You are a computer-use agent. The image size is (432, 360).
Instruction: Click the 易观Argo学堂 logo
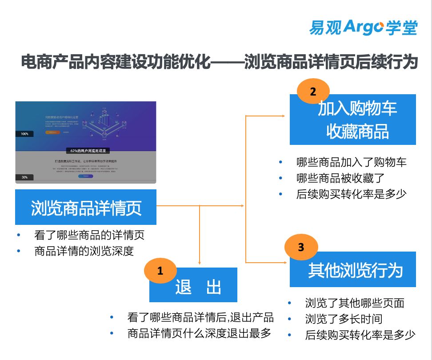[x=363, y=27]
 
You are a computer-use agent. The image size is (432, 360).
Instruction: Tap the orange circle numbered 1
[x=160, y=271]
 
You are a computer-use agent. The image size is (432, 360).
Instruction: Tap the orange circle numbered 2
[x=313, y=92]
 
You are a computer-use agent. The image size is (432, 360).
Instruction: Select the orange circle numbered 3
[x=301, y=247]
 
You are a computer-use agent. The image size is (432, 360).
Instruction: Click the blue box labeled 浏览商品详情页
[x=86, y=207]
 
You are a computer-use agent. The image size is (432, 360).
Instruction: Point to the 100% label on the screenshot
[x=24, y=134]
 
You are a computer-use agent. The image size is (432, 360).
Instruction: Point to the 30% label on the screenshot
[x=24, y=177]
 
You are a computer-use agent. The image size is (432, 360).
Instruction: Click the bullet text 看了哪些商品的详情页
[x=89, y=234]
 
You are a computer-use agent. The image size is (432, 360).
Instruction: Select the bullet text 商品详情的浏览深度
[x=84, y=251]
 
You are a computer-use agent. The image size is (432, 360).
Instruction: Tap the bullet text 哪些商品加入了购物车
[x=351, y=162]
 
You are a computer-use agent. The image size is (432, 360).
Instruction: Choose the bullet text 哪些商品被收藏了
[x=340, y=178]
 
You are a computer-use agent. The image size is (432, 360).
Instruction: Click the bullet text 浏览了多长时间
[x=344, y=319]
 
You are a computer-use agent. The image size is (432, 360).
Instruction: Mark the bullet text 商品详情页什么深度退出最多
[x=199, y=333]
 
